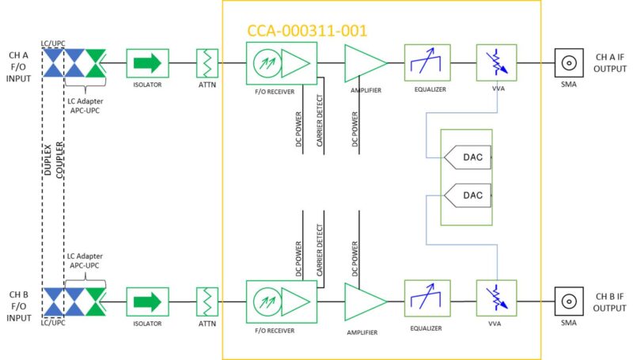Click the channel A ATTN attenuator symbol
tap(208, 63)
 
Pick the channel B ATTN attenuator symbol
tap(208, 300)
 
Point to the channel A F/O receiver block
tap(281, 63)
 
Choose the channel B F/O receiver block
tap(281, 300)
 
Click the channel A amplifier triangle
tap(363, 62)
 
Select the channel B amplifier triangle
tap(363, 301)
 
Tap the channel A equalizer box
tap(426, 62)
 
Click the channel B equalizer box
tap(426, 300)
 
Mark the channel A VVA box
tap(496, 62)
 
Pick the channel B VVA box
tap(496, 300)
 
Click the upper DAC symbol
tap(468, 158)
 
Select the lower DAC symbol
tap(468, 194)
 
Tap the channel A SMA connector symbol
tap(567, 63)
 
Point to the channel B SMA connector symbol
tap(567, 300)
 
